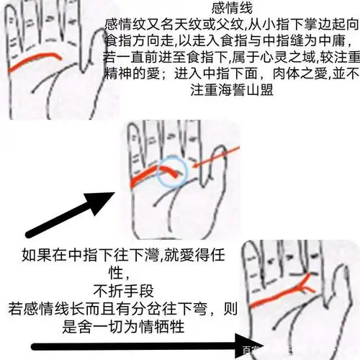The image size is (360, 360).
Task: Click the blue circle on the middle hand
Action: coord(174,170)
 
